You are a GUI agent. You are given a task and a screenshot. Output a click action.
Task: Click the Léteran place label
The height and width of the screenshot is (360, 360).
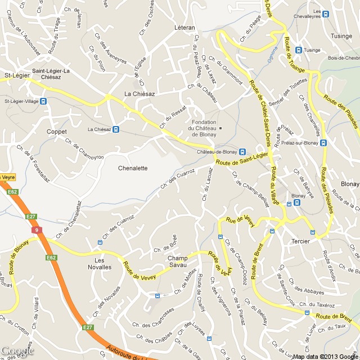coord(184,27)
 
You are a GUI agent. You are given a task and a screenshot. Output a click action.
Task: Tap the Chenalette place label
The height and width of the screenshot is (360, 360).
coord(133,168)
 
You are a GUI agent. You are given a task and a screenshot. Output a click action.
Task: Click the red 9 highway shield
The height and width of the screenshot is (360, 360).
coord(37,230)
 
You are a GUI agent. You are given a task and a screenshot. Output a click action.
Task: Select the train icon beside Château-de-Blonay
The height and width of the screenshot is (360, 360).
coord(242,152)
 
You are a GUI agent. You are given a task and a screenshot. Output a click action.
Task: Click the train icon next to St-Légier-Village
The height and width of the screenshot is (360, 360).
coord(44,102)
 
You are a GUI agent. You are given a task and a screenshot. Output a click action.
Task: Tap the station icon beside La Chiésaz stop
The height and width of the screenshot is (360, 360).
coord(116,129)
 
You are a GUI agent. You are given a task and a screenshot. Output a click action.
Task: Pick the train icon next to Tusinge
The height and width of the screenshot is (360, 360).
coord(298,50)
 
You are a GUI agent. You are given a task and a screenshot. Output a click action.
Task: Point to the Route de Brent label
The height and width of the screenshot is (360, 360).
coord(334,318)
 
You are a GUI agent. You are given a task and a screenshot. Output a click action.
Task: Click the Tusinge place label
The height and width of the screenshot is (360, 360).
coord(341,36)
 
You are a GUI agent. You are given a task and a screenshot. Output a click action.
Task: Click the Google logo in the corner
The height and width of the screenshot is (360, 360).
coord(17,351)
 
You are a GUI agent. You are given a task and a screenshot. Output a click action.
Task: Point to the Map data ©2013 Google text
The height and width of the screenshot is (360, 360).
coord(325,356)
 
